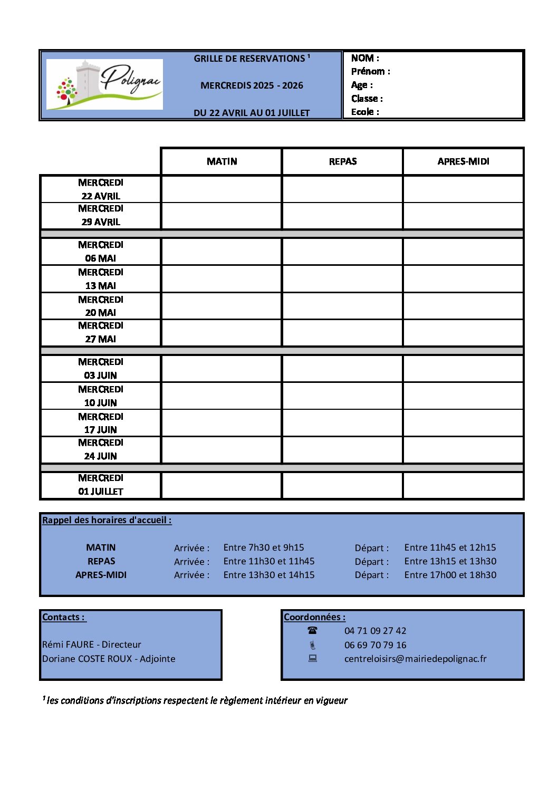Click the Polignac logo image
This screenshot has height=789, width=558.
[104, 84]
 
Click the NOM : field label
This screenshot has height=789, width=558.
[365, 58]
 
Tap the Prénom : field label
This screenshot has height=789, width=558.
[371, 71]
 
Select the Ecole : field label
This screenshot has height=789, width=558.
[365, 112]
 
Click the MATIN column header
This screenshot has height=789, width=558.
[222, 161]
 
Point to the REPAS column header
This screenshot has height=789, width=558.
[343, 161]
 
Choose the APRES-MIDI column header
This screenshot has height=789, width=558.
[463, 161]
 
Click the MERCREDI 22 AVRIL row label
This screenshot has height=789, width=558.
[100, 189]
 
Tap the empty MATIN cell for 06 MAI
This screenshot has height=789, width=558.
[222, 252]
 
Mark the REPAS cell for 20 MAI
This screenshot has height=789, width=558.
[343, 306]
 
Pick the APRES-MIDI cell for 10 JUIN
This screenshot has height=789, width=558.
[463, 396]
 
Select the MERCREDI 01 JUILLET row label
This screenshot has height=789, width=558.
[100, 485]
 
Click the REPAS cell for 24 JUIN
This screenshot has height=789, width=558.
[343, 450]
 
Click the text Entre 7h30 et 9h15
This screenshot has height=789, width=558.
[264, 547]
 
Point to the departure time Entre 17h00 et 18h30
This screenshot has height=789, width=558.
[450, 575]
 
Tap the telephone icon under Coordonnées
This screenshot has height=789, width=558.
[313, 630]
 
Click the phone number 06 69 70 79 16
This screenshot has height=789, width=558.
[376, 645]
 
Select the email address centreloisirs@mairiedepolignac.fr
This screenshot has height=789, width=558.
[416, 659]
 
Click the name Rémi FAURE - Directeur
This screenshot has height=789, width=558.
[92, 644]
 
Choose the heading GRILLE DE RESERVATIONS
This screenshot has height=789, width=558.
[249, 59]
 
